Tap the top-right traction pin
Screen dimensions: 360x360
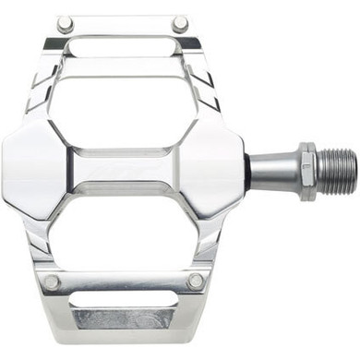(180, 22)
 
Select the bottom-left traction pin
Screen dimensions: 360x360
(52, 282)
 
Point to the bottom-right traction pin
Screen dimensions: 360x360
(195, 281)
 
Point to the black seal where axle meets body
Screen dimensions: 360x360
(246, 171)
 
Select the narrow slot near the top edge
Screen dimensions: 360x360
(120, 46)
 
